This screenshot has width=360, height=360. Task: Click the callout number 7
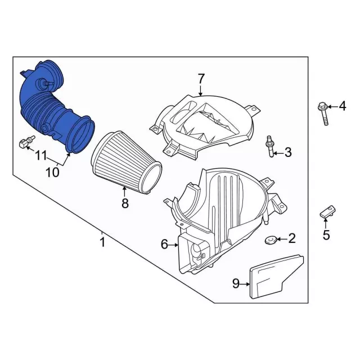click(201, 79)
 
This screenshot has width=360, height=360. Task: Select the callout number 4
click(343, 106)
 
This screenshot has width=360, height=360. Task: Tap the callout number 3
click(288, 152)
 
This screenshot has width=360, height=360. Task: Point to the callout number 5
click(326, 235)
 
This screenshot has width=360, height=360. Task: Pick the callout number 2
click(291, 238)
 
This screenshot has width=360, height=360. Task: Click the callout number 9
click(236, 283)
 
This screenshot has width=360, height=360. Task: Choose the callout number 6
click(164, 244)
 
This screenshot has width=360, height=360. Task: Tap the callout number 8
click(125, 203)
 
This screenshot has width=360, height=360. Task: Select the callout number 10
click(52, 172)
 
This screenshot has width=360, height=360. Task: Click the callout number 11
click(41, 156)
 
